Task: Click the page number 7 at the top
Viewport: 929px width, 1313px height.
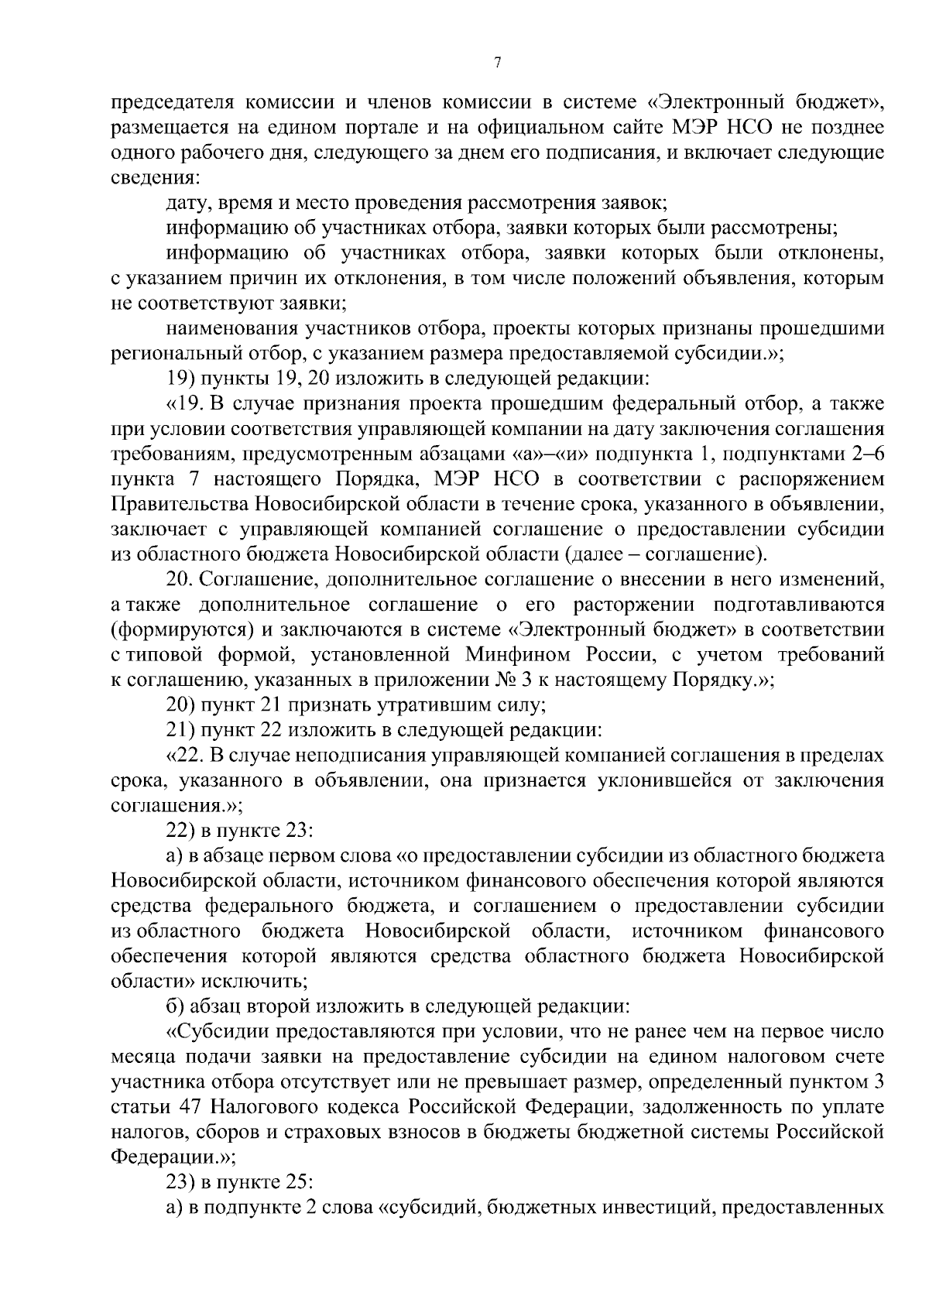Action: (497, 63)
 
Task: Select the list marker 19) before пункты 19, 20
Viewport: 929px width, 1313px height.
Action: (181, 379)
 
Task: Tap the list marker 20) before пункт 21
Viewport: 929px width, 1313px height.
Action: (181, 705)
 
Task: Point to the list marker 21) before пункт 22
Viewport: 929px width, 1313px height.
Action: (181, 730)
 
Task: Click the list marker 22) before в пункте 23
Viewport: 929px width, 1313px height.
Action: (181, 831)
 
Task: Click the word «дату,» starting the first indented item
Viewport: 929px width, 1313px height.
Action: (188, 204)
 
